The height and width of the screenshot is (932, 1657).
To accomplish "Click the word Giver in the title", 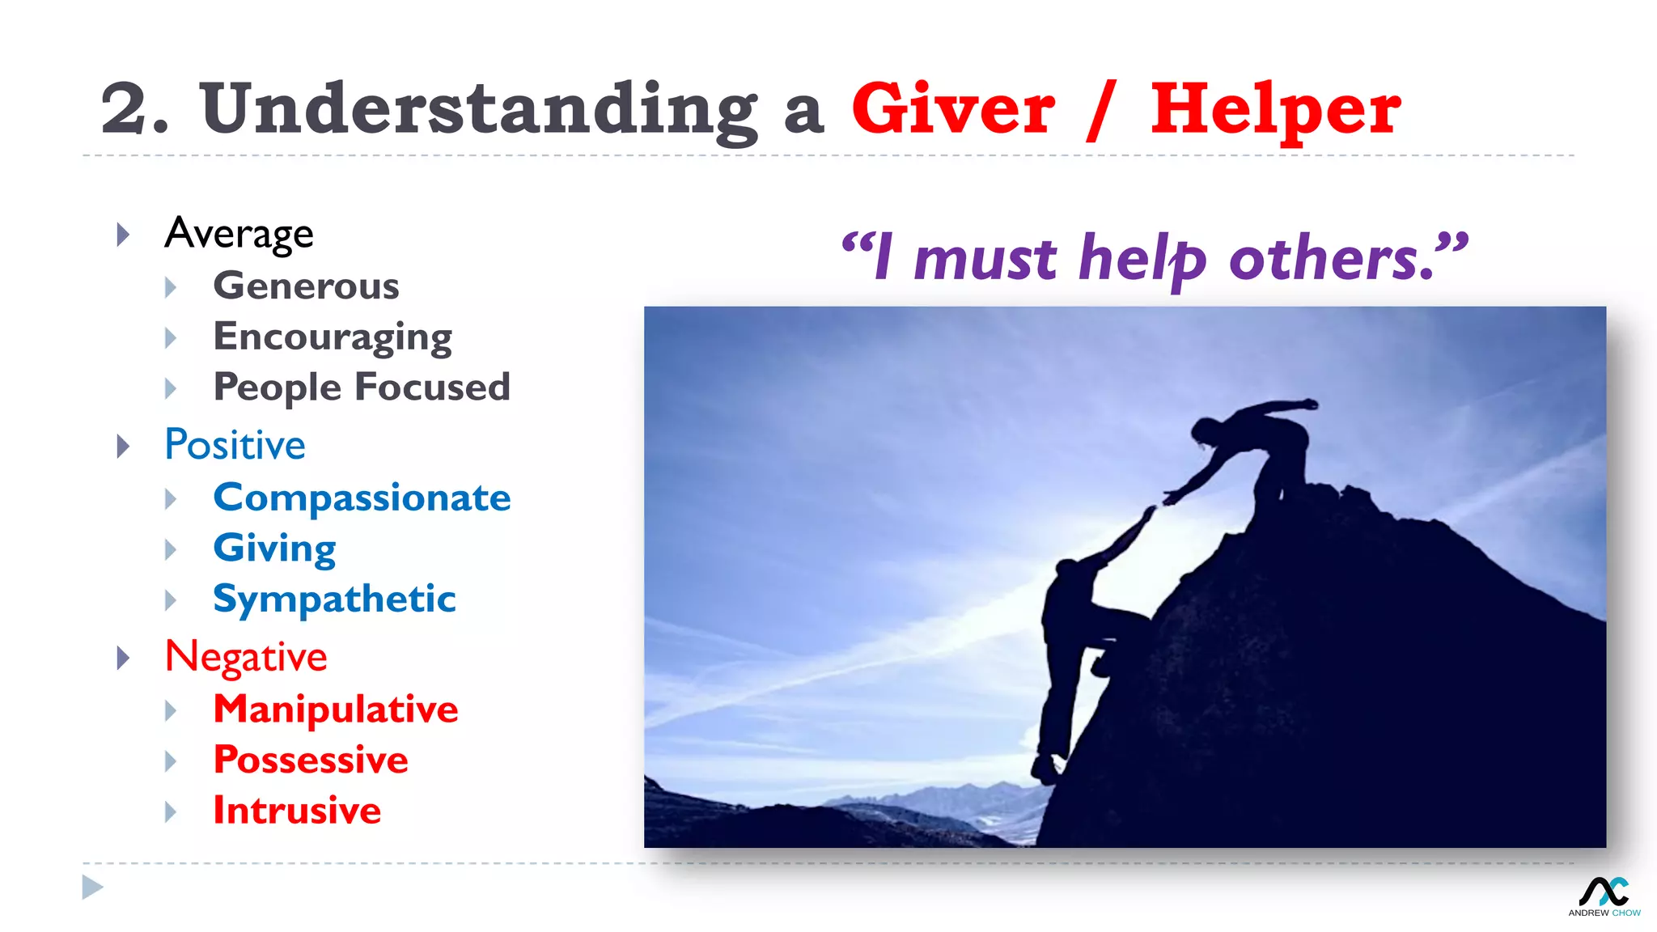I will coord(952,109).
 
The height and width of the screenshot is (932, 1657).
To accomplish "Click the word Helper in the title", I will coord(1275,111).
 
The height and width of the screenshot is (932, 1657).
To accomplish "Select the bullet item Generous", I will coord(306,286).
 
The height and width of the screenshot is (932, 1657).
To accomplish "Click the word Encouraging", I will coord(333,337).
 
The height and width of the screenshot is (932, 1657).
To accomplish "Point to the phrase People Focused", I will coord(362,388).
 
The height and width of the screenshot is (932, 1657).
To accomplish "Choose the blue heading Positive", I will coord(235,445).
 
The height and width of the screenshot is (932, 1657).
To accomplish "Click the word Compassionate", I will coord(362,498).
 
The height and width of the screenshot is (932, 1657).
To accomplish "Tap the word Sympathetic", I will coord(334,599).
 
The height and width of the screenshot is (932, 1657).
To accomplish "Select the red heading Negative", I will coord(246,656).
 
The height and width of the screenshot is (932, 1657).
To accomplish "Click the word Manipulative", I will coord(336,710).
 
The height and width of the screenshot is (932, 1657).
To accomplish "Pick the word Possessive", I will coord(311,760).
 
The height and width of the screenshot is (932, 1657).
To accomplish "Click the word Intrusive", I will coord(297,811).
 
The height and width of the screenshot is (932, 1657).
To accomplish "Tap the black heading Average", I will coord(239,234).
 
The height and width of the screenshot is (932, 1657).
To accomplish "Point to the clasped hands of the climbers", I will coord(1159,503).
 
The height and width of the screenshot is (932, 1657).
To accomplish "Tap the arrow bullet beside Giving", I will coord(171,550).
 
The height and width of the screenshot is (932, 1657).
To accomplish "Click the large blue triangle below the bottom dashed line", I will coord(92,888).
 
